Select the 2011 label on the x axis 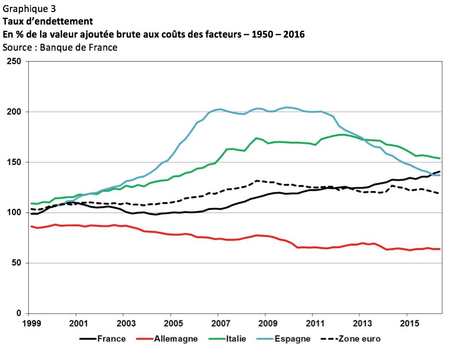point(313,323)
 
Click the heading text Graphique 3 point(29,8)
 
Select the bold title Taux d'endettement point(48,21)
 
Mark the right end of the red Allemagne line point(440,249)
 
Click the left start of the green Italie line point(31,203)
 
